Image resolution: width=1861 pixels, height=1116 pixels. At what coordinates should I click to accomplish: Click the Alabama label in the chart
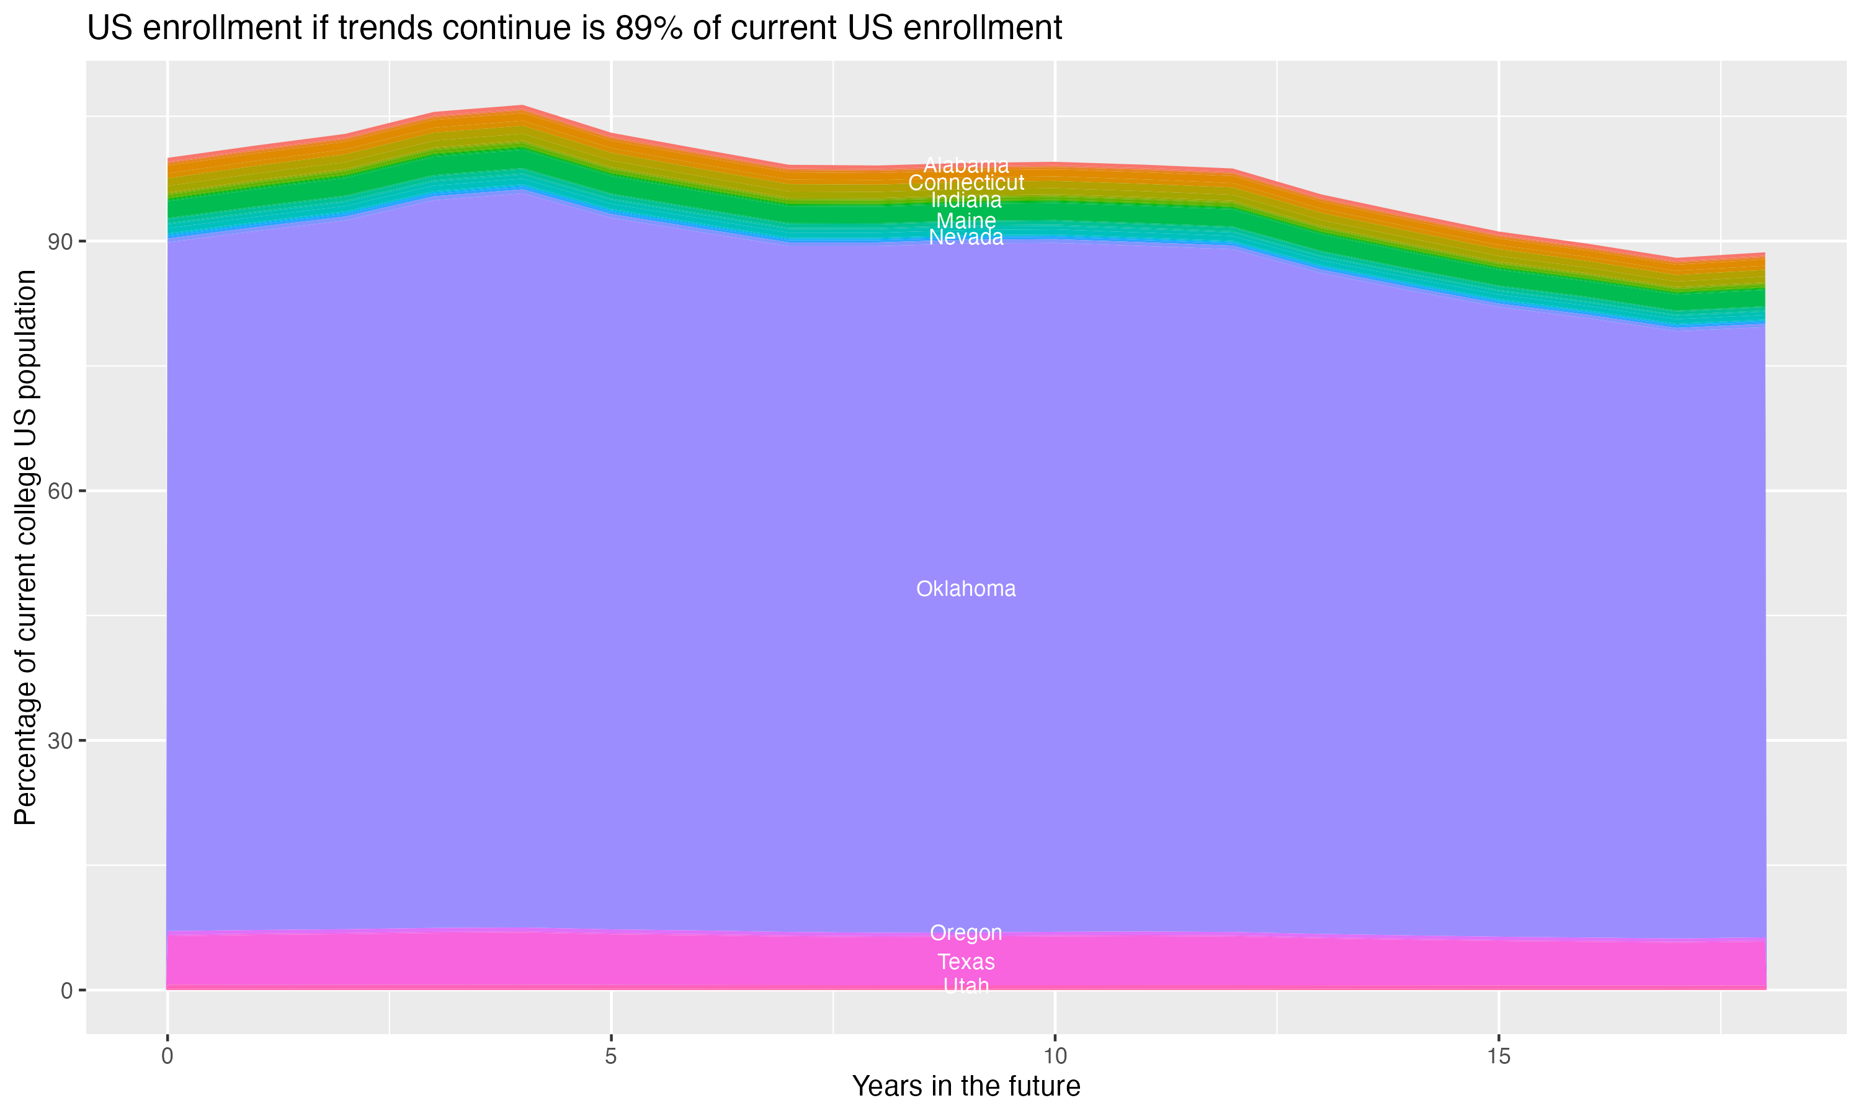click(966, 166)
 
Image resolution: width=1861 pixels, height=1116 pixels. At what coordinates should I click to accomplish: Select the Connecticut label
click(966, 183)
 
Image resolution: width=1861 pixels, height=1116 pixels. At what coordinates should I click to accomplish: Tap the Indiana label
click(966, 200)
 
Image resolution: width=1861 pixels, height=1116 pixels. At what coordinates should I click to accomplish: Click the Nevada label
click(966, 237)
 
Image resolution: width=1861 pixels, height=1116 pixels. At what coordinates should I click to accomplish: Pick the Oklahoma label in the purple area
click(966, 589)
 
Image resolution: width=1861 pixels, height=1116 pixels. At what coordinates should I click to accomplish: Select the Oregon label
click(966, 933)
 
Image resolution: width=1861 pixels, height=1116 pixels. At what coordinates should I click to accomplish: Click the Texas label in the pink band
click(966, 962)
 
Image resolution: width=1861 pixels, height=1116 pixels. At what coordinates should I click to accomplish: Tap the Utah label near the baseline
click(966, 986)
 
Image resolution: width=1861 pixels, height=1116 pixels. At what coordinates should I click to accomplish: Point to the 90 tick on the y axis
click(61, 242)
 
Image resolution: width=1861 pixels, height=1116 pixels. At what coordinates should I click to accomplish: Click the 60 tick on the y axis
click(61, 492)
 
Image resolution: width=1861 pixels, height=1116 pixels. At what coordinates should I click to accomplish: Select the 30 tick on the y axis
click(61, 742)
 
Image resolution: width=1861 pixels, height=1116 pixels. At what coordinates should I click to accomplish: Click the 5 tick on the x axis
click(611, 1056)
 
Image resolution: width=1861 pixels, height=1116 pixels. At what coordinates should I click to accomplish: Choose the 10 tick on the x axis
click(1055, 1056)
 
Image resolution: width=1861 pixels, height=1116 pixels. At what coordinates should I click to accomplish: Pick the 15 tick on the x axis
click(1499, 1056)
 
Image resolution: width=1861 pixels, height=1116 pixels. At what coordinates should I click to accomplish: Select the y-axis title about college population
click(25, 547)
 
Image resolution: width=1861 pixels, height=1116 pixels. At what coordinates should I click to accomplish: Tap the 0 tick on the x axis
click(167, 1056)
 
